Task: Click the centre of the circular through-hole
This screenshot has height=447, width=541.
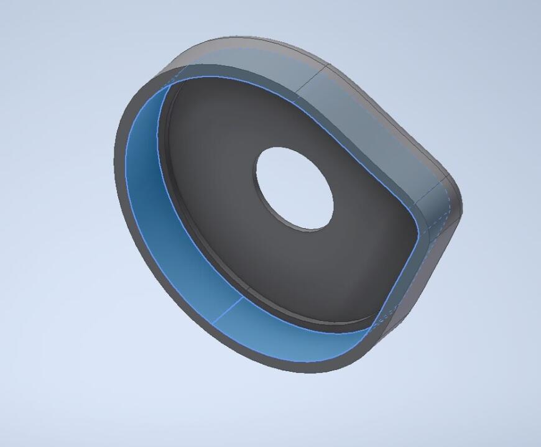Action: coord(294,188)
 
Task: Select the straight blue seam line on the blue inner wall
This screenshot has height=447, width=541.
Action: coord(226,310)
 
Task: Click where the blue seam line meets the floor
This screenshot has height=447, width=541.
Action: coord(242,297)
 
